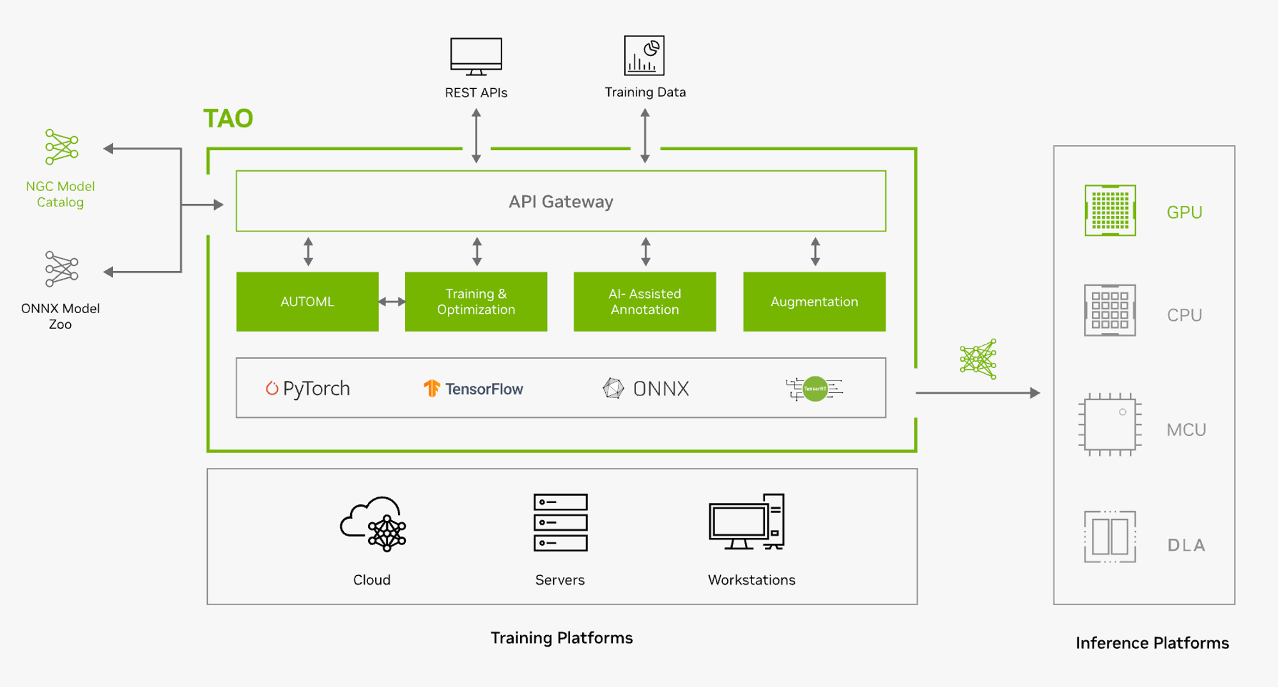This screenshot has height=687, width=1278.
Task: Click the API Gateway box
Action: [560, 201]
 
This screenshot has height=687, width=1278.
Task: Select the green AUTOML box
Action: [307, 302]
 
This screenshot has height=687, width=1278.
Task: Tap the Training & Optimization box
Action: [476, 302]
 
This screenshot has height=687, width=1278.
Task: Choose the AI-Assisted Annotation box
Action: [645, 302]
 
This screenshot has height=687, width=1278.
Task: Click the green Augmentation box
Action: [814, 302]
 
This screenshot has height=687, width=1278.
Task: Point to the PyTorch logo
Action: [308, 389]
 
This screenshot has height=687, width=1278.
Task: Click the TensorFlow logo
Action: [473, 389]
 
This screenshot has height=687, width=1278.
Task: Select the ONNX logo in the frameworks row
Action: [646, 389]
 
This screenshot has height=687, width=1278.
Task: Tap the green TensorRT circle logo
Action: [815, 389]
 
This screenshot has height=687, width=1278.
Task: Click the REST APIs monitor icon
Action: [476, 56]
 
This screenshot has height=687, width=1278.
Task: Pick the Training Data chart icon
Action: [644, 56]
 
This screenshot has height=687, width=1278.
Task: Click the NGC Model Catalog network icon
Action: [61, 147]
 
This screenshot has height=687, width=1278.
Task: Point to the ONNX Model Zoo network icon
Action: [61, 269]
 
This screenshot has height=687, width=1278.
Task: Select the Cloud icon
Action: [373, 523]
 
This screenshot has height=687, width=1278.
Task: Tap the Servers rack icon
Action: [560, 522]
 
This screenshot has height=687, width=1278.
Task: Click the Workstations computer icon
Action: [747, 521]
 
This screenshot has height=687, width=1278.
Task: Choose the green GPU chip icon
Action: [1111, 210]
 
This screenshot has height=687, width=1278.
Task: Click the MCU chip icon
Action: [1110, 424]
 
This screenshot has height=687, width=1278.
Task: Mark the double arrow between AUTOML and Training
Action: [392, 302]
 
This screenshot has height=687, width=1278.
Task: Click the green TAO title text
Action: [228, 118]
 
